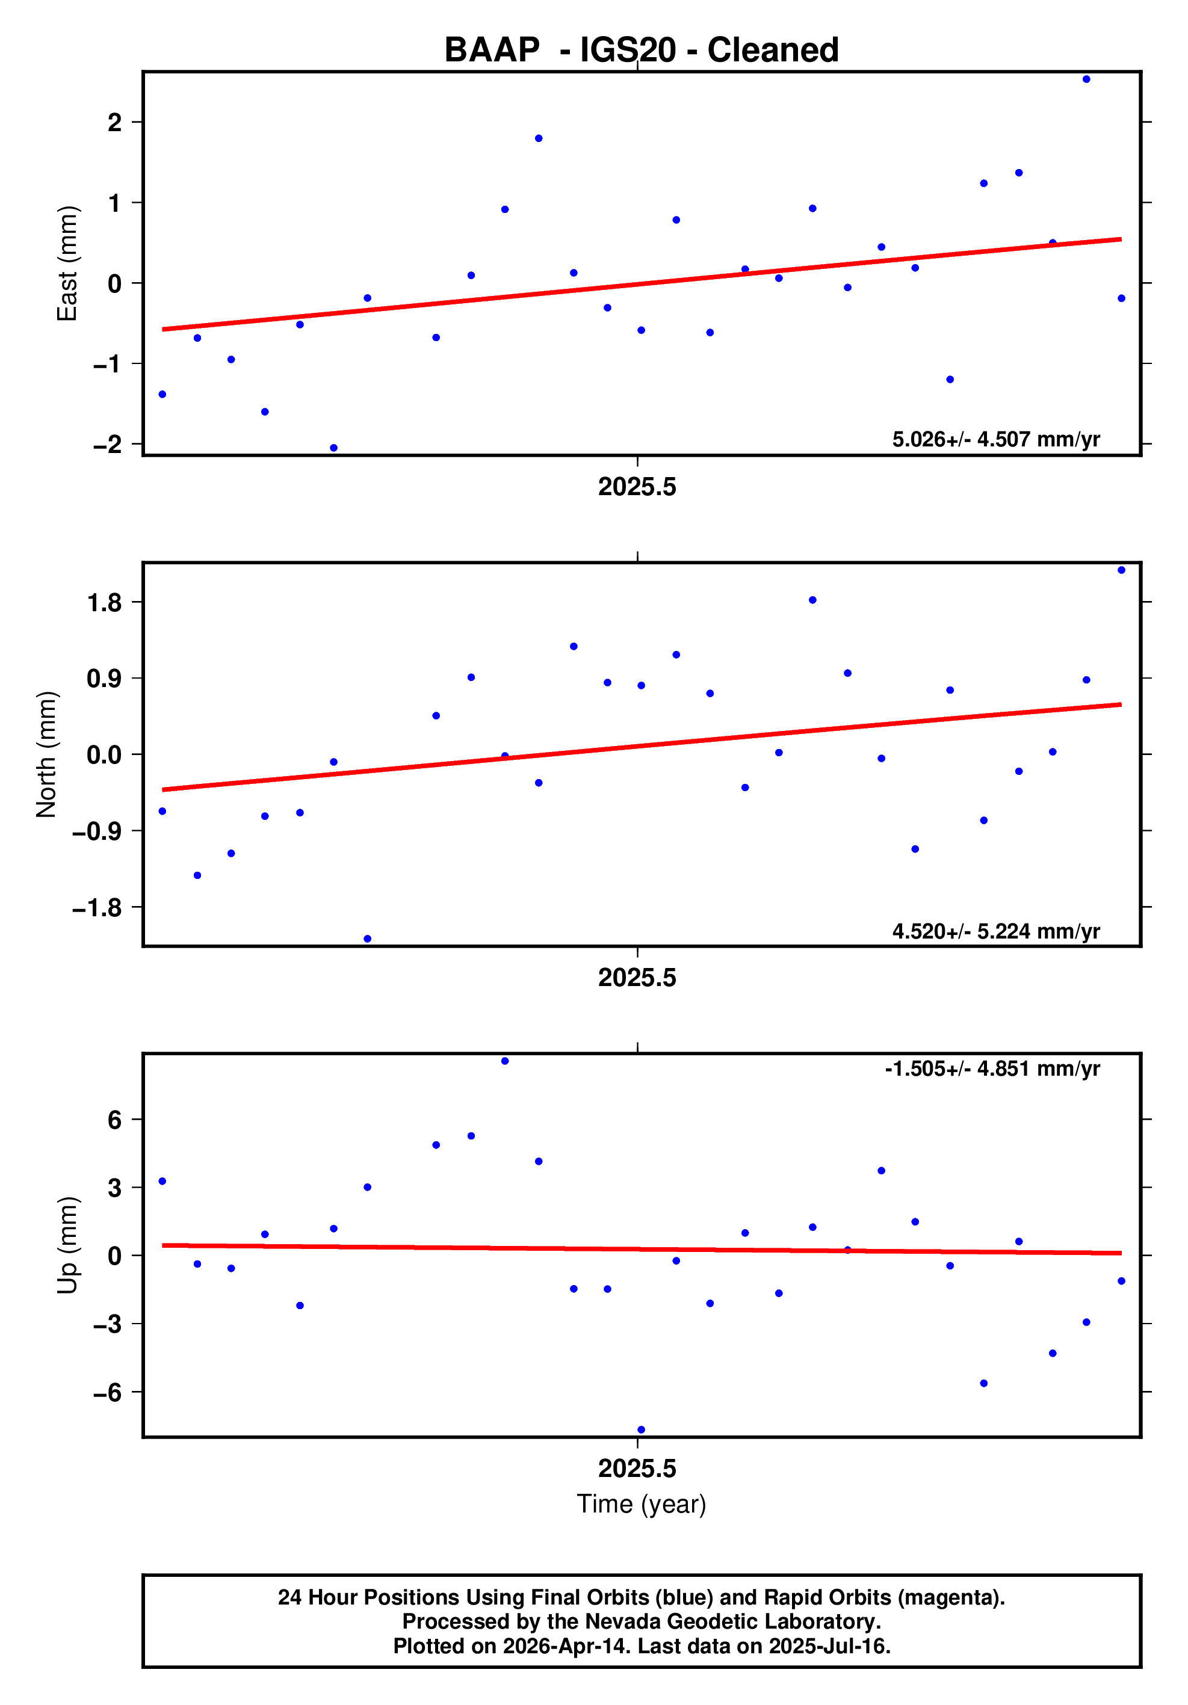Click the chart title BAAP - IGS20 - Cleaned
(641, 51)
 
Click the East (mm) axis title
(67, 264)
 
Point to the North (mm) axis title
(47, 754)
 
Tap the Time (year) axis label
(641, 1503)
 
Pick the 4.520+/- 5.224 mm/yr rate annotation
(995, 931)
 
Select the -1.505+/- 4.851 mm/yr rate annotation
(992, 1068)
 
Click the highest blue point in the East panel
(1086, 79)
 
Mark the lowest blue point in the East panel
(333, 448)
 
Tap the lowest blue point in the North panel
(367, 939)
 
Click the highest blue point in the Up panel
(504, 1061)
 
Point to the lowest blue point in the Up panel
(641, 1429)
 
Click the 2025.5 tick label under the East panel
(637, 487)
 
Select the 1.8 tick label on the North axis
(104, 602)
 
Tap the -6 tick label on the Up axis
(107, 1392)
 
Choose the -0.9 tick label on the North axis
(96, 831)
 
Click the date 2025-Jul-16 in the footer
(829, 1645)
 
